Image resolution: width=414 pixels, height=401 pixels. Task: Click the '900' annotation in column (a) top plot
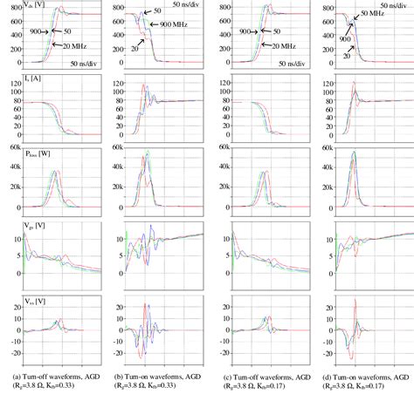(x=36, y=31)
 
